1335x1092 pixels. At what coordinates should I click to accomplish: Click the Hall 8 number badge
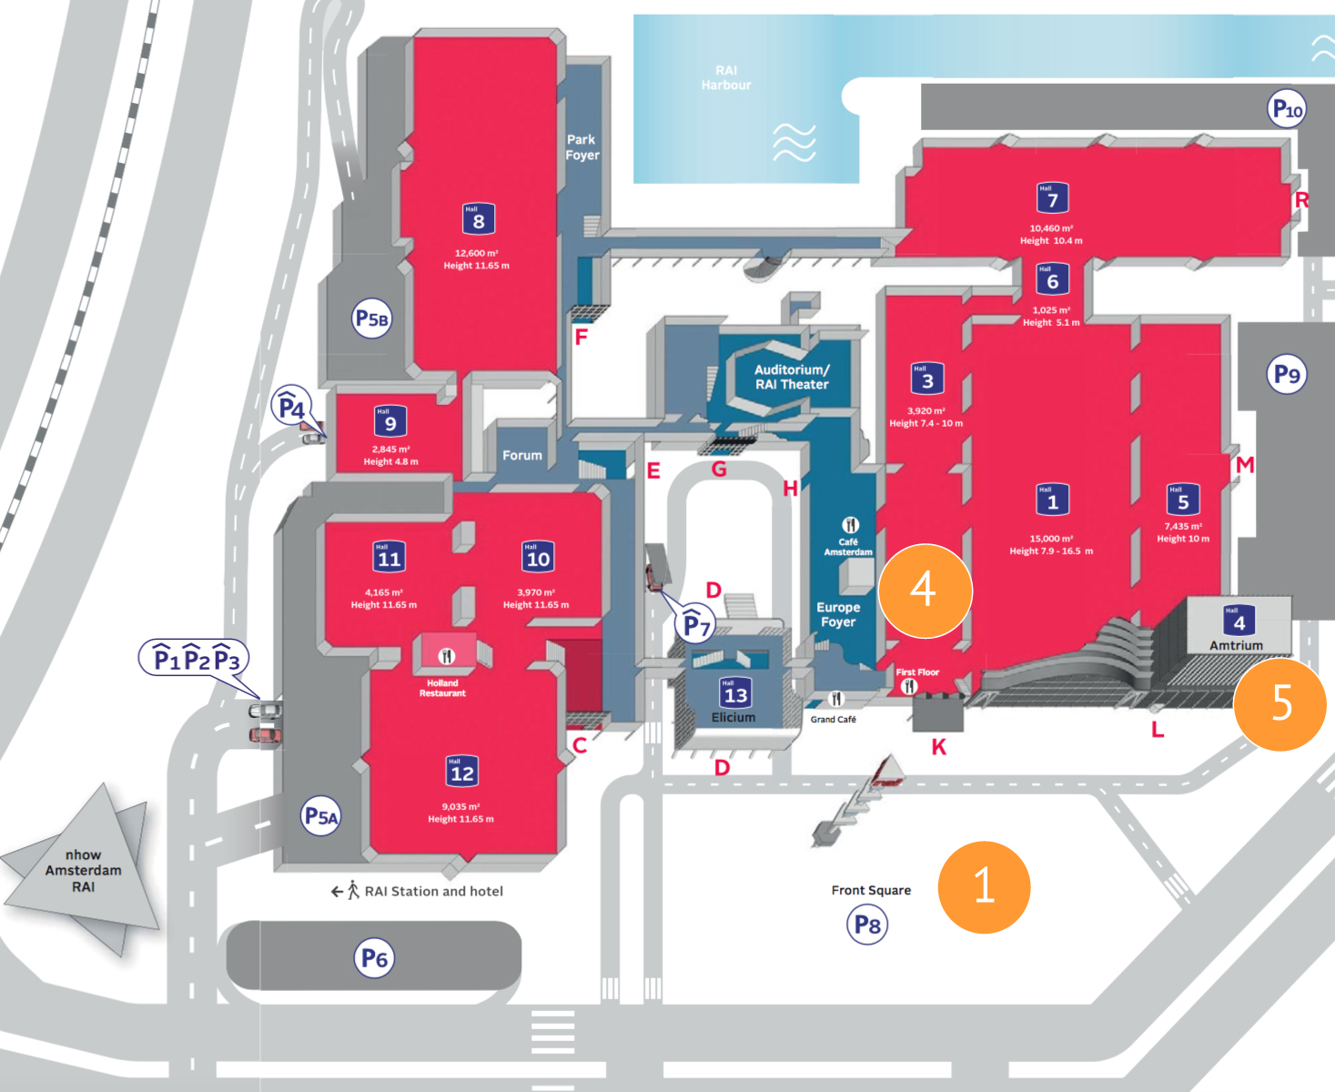[x=478, y=219]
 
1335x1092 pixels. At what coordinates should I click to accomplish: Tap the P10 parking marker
[x=1287, y=109]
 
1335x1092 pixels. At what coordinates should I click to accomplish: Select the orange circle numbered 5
[x=1279, y=703]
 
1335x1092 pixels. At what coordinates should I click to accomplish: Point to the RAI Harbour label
[x=726, y=77]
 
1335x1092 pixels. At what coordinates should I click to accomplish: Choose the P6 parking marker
[x=374, y=958]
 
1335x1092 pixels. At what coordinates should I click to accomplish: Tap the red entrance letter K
[x=939, y=747]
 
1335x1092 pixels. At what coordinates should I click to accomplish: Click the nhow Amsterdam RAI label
[x=83, y=870]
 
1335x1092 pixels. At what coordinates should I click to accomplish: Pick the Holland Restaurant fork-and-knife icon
[x=446, y=656]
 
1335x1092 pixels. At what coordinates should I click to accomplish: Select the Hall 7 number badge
[x=1052, y=198]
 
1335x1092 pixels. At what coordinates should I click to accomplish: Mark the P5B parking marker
[x=371, y=318]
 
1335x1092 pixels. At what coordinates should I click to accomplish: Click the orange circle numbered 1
[x=984, y=886]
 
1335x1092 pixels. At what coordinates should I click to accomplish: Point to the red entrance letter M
[x=1244, y=465]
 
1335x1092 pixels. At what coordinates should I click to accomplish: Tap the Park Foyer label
[x=582, y=147]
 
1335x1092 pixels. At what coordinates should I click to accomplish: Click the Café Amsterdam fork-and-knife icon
[x=850, y=525]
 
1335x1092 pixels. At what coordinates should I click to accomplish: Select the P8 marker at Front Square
[x=867, y=925]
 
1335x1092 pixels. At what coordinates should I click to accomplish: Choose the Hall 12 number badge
[x=461, y=772]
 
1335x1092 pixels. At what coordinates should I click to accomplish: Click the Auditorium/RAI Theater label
[x=791, y=377]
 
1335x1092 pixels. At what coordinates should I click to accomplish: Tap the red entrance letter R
[x=1301, y=200]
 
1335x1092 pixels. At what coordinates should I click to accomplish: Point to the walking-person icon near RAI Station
[x=353, y=891]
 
